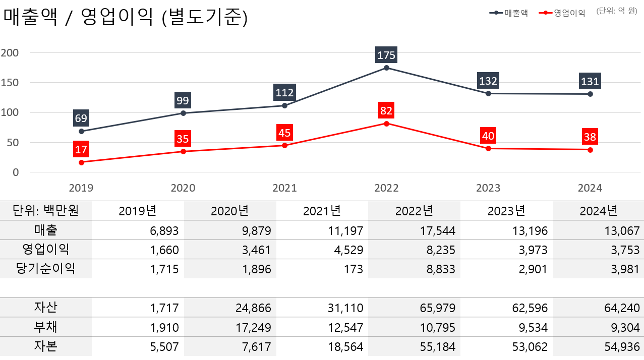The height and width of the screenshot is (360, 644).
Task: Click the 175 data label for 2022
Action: tap(386, 55)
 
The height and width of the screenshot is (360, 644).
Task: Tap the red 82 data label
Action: tap(386, 110)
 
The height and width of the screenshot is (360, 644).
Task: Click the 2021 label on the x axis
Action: tap(284, 188)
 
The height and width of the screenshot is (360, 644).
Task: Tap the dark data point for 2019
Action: tap(81, 131)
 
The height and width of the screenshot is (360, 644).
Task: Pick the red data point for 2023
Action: tap(488, 148)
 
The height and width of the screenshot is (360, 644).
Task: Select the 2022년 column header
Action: tap(414, 211)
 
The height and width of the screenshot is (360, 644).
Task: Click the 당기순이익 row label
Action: tap(45, 269)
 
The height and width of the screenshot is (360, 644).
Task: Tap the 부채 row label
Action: tap(45, 327)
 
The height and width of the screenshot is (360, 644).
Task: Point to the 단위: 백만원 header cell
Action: tap(45, 210)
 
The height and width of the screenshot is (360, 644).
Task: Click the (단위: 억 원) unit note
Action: tap(616, 11)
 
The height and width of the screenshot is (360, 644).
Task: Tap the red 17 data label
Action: tap(81, 150)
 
